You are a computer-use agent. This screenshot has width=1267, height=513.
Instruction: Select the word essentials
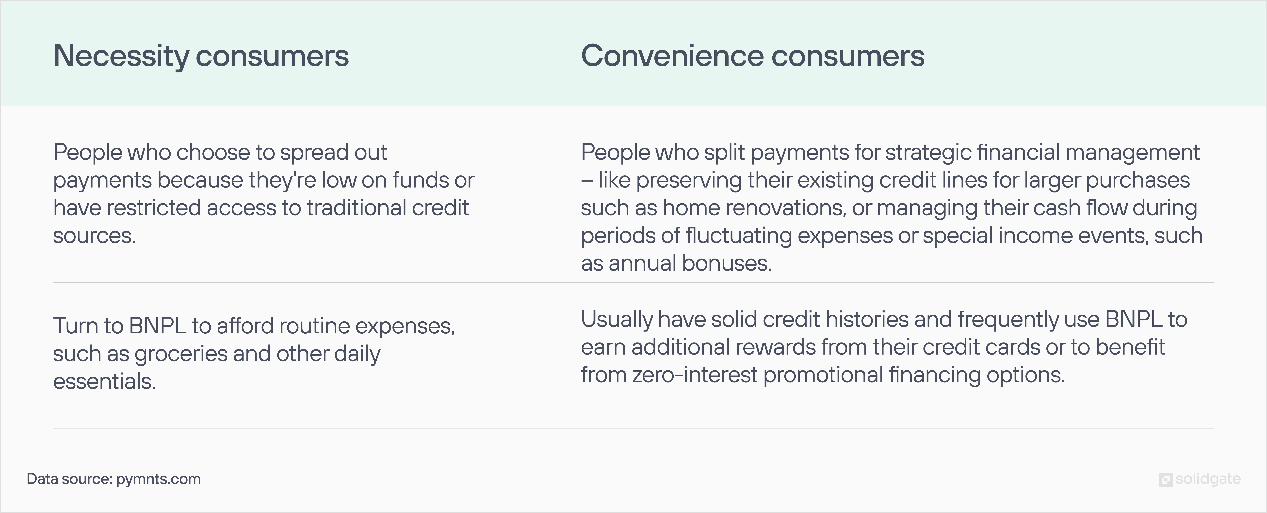point(104,382)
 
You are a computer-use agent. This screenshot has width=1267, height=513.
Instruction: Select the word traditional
point(356,208)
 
